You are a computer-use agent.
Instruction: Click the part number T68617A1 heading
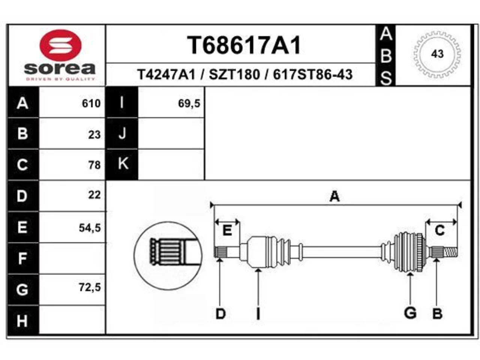point(244,45)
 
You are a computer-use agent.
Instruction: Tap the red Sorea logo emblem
point(60,45)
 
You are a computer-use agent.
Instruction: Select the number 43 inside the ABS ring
point(437,54)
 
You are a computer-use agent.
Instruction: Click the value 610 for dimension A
point(91,103)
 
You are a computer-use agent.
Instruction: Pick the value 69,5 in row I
point(189,103)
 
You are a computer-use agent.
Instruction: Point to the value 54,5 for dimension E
point(90,228)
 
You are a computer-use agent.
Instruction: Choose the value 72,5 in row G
point(90,287)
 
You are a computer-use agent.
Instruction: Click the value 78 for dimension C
point(94,165)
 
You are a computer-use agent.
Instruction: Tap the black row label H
point(22,321)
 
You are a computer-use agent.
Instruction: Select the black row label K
point(122,164)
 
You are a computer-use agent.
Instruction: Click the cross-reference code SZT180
point(234,75)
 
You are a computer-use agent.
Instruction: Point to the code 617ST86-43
point(313,75)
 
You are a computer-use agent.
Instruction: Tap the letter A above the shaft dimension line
point(334,196)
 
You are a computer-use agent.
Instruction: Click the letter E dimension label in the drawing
point(227,230)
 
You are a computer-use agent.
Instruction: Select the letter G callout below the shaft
point(410,313)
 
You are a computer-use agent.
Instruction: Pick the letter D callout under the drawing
point(220,314)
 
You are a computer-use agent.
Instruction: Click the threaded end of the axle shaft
point(451,252)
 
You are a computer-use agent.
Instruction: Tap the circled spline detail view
point(168,256)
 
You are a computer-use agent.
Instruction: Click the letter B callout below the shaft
point(437,314)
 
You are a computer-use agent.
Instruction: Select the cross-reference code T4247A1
point(166,75)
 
